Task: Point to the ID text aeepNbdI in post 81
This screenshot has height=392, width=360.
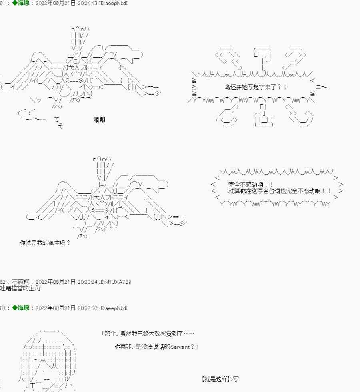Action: pos(116,3)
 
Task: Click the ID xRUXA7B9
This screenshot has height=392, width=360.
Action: pos(118,282)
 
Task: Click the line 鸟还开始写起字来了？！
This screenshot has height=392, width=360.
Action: pos(255,87)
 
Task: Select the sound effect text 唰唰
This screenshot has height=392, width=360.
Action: pos(99,119)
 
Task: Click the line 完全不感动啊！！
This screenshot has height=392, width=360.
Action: pos(250,185)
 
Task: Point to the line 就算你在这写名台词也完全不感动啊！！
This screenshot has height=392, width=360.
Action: pos(279,191)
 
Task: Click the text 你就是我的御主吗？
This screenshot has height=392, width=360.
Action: pos(45,243)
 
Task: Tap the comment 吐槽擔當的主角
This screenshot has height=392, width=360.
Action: pos(20,288)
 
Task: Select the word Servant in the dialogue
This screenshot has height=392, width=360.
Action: pos(180,347)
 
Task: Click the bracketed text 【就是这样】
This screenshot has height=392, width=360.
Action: pos(215,379)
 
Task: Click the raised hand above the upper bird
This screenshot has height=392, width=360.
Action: pos(80,39)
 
